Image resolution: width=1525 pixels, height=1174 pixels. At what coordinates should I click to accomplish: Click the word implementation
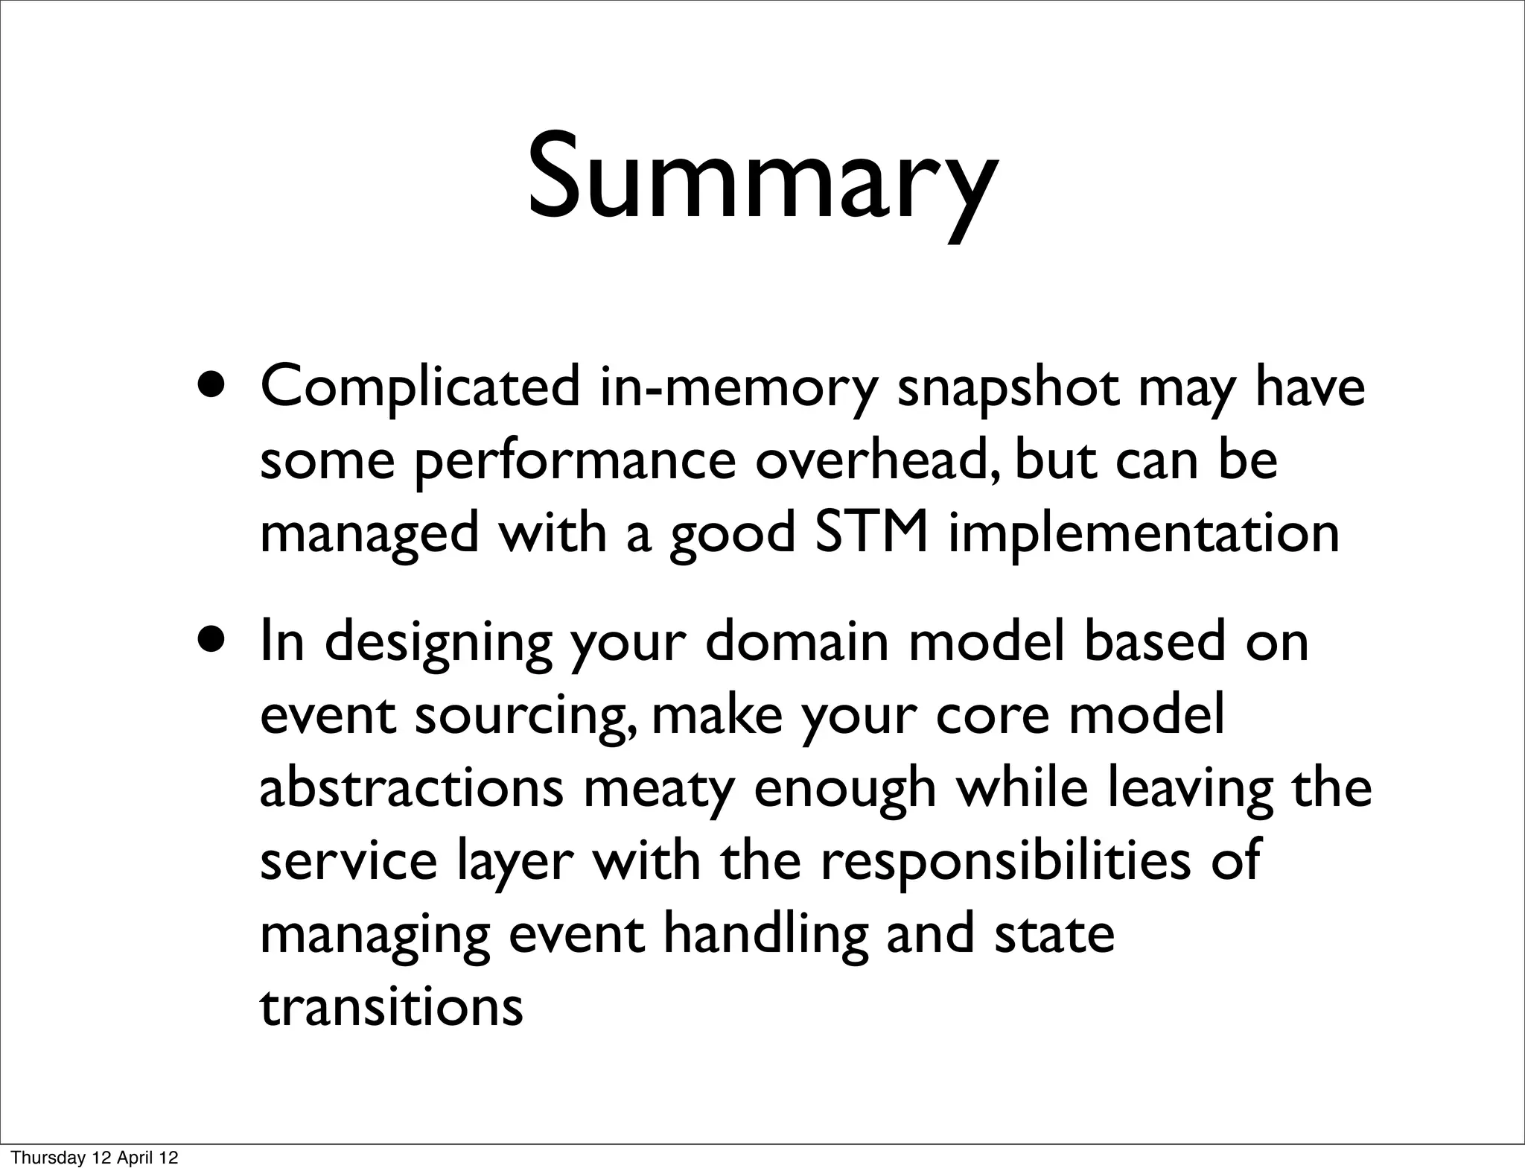click(x=1144, y=536)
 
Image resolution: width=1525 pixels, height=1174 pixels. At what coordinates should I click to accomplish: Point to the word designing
click(x=439, y=643)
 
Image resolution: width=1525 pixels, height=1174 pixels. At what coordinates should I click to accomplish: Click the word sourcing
click(x=526, y=717)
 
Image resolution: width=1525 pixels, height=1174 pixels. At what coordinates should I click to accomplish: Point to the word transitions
click(x=392, y=1007)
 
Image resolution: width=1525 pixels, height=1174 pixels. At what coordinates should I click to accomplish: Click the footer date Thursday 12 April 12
click(x=95, y=1158)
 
